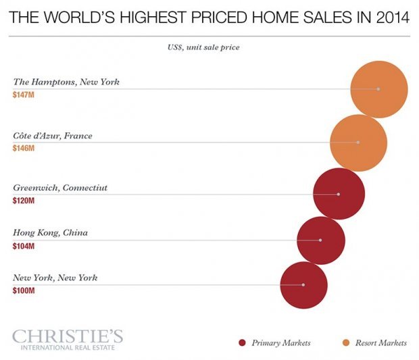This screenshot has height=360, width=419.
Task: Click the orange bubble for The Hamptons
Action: click(x=378, y=89)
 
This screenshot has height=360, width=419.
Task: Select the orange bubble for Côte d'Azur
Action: click(x=358, y=143)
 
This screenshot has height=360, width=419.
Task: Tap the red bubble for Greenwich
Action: click(x=339, y=194)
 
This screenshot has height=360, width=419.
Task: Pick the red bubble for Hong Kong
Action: click(x=320, y=240)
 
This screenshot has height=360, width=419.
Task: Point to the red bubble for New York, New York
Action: click(x=303, y=285)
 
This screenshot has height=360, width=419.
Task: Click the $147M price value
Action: click(x=24, y=95)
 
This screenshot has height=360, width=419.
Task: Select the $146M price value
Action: click(x=24, y=148)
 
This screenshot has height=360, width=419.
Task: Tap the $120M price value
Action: click(x=24, y=201)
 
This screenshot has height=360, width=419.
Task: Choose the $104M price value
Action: click(x=24, y=246)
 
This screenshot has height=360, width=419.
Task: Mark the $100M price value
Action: click(x=24, y=290)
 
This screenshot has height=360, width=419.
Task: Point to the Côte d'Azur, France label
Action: click(x=53, y=136)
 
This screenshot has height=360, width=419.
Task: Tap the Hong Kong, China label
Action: click(x=51, y=233)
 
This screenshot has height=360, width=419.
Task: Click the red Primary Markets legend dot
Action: click(x=242, y=343)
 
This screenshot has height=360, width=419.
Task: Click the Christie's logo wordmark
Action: click(x=68, y=336)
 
